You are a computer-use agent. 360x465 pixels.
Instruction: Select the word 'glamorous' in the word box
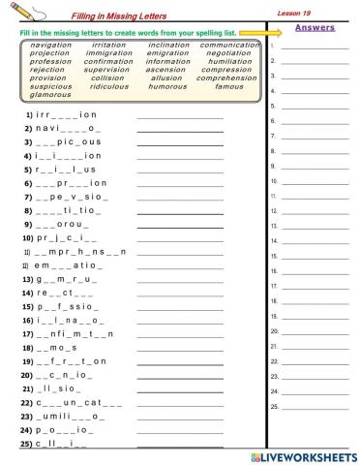pyautogui.click(x=50, y=95)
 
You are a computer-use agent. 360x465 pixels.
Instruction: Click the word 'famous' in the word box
pyautogui.click(x=229, y=86)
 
